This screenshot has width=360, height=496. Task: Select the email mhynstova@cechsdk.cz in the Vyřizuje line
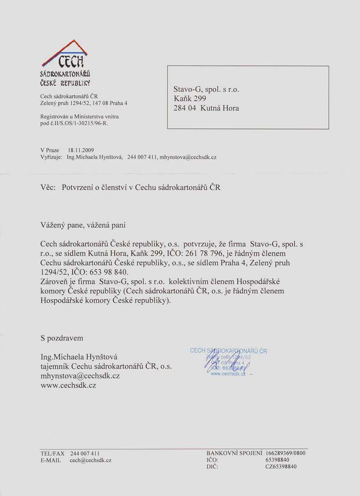pyautogui.click(x=188, y=157)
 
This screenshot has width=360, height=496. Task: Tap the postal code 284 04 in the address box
pyautogui.click(x=184, y=108)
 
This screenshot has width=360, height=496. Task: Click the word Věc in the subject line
pyautogui.click(x=47, y=187)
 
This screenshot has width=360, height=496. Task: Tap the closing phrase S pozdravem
pyautogui.click(x=62, y=338)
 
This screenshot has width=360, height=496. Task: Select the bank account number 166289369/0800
pyautogui.click(x=285, y=453)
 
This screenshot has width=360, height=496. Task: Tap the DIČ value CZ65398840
pyautogui.click(x=281, y=466)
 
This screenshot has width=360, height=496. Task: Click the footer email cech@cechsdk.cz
pyautogui.click(x=91, y=460)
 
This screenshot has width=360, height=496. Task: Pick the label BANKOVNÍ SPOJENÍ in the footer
pyautogui.click(x=234, y=453)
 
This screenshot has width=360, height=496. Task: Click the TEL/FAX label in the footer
pyautogui.click(x=52, y=453)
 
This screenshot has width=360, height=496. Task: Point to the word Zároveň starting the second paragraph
pyautogui.click(x=56, y=281)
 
